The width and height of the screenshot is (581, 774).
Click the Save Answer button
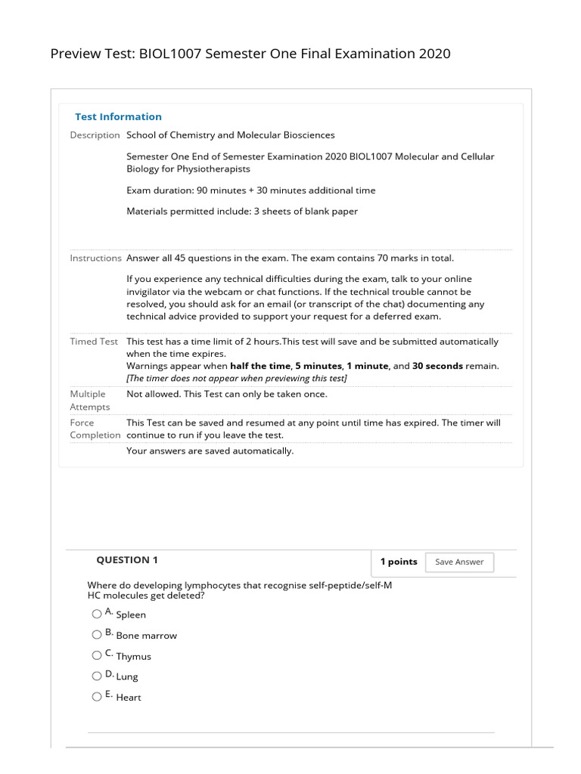coord(459,562)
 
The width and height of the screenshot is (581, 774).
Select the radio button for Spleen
coord(97,614)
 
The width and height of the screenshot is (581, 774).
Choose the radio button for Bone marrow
coord(97,635)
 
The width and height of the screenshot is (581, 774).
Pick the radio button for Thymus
coord(97,655)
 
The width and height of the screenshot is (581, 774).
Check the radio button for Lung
coord(97,676)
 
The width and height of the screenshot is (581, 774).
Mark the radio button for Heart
coord(97,697)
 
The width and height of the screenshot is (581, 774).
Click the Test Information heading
coord(118,117)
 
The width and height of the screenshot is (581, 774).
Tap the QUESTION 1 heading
coord(127,560)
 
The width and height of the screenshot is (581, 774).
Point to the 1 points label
coord(398,562)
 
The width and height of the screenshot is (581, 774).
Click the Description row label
coord(95,135)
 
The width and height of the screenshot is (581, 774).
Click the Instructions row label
coord(95,259)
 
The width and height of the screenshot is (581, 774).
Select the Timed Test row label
coord(94,342)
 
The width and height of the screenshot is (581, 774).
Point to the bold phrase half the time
coord(259,366)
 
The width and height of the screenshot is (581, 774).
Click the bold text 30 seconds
coord(437,366)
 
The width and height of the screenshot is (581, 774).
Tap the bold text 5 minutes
coord(323,366)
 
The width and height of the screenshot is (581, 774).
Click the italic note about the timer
coord(237,378)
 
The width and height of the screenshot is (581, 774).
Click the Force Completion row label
coord(95,429)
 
